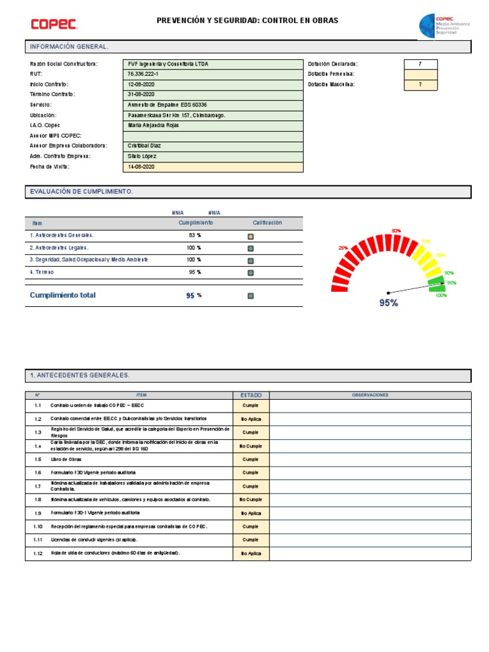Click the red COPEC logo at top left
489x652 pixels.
54,24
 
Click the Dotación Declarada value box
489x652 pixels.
420,64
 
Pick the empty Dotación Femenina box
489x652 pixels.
420,74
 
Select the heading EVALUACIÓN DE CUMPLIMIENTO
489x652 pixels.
81,192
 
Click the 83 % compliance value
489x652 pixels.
195,236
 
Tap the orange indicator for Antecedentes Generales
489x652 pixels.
250,236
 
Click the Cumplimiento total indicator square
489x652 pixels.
250,296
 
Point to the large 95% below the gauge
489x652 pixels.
388,303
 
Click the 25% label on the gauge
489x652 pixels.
343,248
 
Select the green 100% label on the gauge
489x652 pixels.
441,295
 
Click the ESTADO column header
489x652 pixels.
251,395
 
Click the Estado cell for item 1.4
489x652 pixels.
251,446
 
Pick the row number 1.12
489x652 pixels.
38,554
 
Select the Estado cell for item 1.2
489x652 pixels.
251,419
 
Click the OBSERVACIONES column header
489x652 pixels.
370,395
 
